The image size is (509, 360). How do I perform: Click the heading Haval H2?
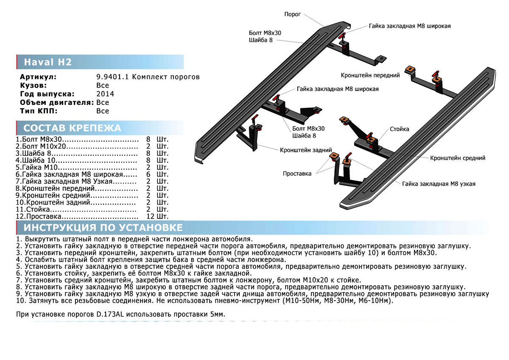(x=48, y=62)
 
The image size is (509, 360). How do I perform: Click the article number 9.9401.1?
(x=112, y=77)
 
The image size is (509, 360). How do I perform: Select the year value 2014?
(x=105, y=94)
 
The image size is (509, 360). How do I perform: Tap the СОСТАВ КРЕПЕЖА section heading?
(x=72, y=128)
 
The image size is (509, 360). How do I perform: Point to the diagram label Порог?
(x=292, y=14)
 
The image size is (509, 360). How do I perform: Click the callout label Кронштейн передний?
(x=370, y=75)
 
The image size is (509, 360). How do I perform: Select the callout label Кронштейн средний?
(x=458, y=158)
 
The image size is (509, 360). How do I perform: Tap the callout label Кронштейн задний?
(x=302, y=150)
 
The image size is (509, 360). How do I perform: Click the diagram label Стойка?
(x=399, y=129)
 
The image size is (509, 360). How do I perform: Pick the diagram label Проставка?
(x=297, y=173)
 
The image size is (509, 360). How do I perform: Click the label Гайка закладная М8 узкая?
(x=439, y=184)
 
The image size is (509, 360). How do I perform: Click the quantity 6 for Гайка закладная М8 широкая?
(x=148, y=174)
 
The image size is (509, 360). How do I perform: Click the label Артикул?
(x=38, y=77)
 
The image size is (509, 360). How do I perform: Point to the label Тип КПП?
(x=38, y=111)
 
